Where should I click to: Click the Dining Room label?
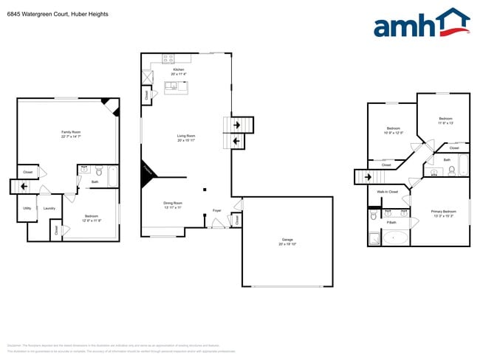[x=173, y=204]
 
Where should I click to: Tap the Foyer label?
[x=217, y=210]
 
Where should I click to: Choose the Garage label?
[x=287, y=240]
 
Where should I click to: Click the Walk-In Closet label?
[x=388, y=192]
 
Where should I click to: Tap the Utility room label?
[x=27, y=208]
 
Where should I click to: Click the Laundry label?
[x=49, y=208]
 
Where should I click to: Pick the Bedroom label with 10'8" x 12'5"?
[x=394, y=130]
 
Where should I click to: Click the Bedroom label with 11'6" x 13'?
[x=445, y=120]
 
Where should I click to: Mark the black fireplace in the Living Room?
[x=149, y=170]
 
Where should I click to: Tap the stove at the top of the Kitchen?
[x=168, y=58]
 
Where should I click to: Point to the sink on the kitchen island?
[x=172, y=87]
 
